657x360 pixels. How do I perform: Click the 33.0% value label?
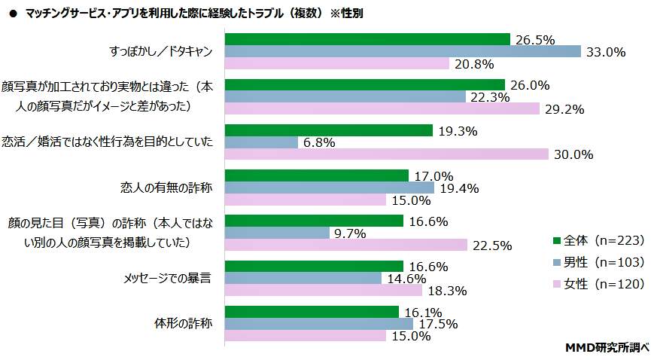click(606, 52)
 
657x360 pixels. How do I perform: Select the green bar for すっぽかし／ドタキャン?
click(367, 39)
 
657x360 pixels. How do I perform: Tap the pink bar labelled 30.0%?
click(387, 154)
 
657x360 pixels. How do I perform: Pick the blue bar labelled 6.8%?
click(261, 142)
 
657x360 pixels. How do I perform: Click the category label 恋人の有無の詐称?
click(166, 188)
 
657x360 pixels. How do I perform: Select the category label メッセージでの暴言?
click(166, 278)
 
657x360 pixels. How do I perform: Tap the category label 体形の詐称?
click(181, 324)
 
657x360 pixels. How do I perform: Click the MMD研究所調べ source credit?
click(607, 347)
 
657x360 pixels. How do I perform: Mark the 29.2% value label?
click(564, 109)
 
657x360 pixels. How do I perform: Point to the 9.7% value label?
click(351, 233)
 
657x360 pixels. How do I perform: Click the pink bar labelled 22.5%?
click(346, 245)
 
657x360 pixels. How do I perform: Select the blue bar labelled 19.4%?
click(329, 188)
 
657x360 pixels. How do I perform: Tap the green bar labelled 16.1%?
click(312, 312)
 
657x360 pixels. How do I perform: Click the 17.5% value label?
click(438, 324)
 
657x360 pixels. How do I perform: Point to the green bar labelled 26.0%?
click(364, 84)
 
